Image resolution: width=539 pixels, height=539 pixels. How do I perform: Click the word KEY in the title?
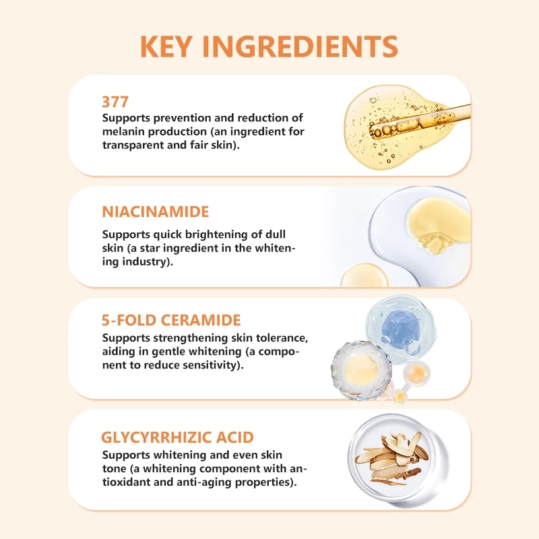(x=166, y=46)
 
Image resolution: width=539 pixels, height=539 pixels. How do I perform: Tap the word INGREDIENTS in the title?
(x=300, y=46)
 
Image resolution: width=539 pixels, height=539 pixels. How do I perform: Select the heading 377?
(x=115, y=102)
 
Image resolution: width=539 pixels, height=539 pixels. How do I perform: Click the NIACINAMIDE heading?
(x=156, y=212)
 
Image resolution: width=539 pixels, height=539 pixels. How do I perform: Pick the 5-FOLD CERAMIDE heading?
(x=171, y=320)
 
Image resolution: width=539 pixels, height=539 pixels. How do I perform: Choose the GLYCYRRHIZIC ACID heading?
(x=177, y=437)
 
